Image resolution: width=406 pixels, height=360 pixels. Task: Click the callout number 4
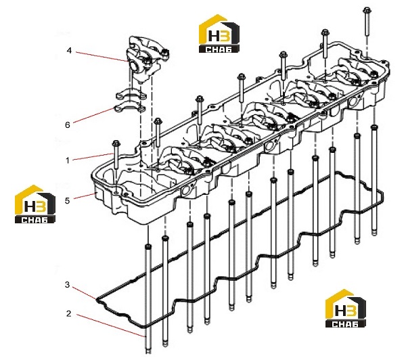(x=69, y=50)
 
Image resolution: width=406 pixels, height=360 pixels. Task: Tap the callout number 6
(x=68, y=125)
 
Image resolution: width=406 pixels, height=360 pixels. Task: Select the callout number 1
(x=68, y=160)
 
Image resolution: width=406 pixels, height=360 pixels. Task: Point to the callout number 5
(x=67, y=200)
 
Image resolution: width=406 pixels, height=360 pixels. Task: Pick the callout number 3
(x=67, y=285)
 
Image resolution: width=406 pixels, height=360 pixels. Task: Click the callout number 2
(x=68, y=313)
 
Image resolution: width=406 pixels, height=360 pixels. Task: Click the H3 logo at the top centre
(x=219, y=34)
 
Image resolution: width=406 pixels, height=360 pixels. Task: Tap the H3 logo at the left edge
(x=35, y=204)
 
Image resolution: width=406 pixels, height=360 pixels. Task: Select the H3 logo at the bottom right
(x=345, y=308)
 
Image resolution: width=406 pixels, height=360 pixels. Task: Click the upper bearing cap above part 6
(x=131, y=94)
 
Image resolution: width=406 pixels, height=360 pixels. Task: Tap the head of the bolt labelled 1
(x=116, y=143)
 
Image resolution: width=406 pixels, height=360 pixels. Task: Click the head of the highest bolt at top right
(x=367, y=10)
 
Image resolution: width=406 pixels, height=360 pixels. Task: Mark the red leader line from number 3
(x=84, y=293)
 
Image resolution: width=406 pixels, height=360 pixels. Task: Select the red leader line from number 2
(x=110, y=325)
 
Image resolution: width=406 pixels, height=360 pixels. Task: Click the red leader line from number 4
(x=101, y=56)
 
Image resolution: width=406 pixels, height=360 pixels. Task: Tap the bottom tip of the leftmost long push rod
(x=148, y=352)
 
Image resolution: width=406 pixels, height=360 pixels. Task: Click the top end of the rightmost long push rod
(x=374, y=127)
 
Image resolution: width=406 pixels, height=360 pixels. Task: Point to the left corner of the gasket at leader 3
(x=96, y=300)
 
